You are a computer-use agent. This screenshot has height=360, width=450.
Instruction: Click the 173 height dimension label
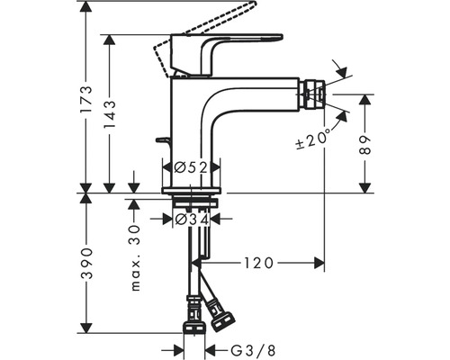86,99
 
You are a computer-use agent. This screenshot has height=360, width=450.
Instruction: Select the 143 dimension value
109,114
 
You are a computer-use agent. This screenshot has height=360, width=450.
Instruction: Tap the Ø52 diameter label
191,167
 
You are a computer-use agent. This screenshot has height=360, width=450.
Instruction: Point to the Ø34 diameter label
192,220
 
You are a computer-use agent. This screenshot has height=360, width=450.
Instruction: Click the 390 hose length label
86,264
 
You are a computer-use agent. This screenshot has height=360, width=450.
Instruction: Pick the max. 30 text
136,258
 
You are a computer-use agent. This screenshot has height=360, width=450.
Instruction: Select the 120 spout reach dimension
258,263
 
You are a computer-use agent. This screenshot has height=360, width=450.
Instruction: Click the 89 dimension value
364,145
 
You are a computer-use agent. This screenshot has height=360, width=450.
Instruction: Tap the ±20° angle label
313,139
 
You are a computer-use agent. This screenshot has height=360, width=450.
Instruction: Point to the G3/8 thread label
253,350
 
